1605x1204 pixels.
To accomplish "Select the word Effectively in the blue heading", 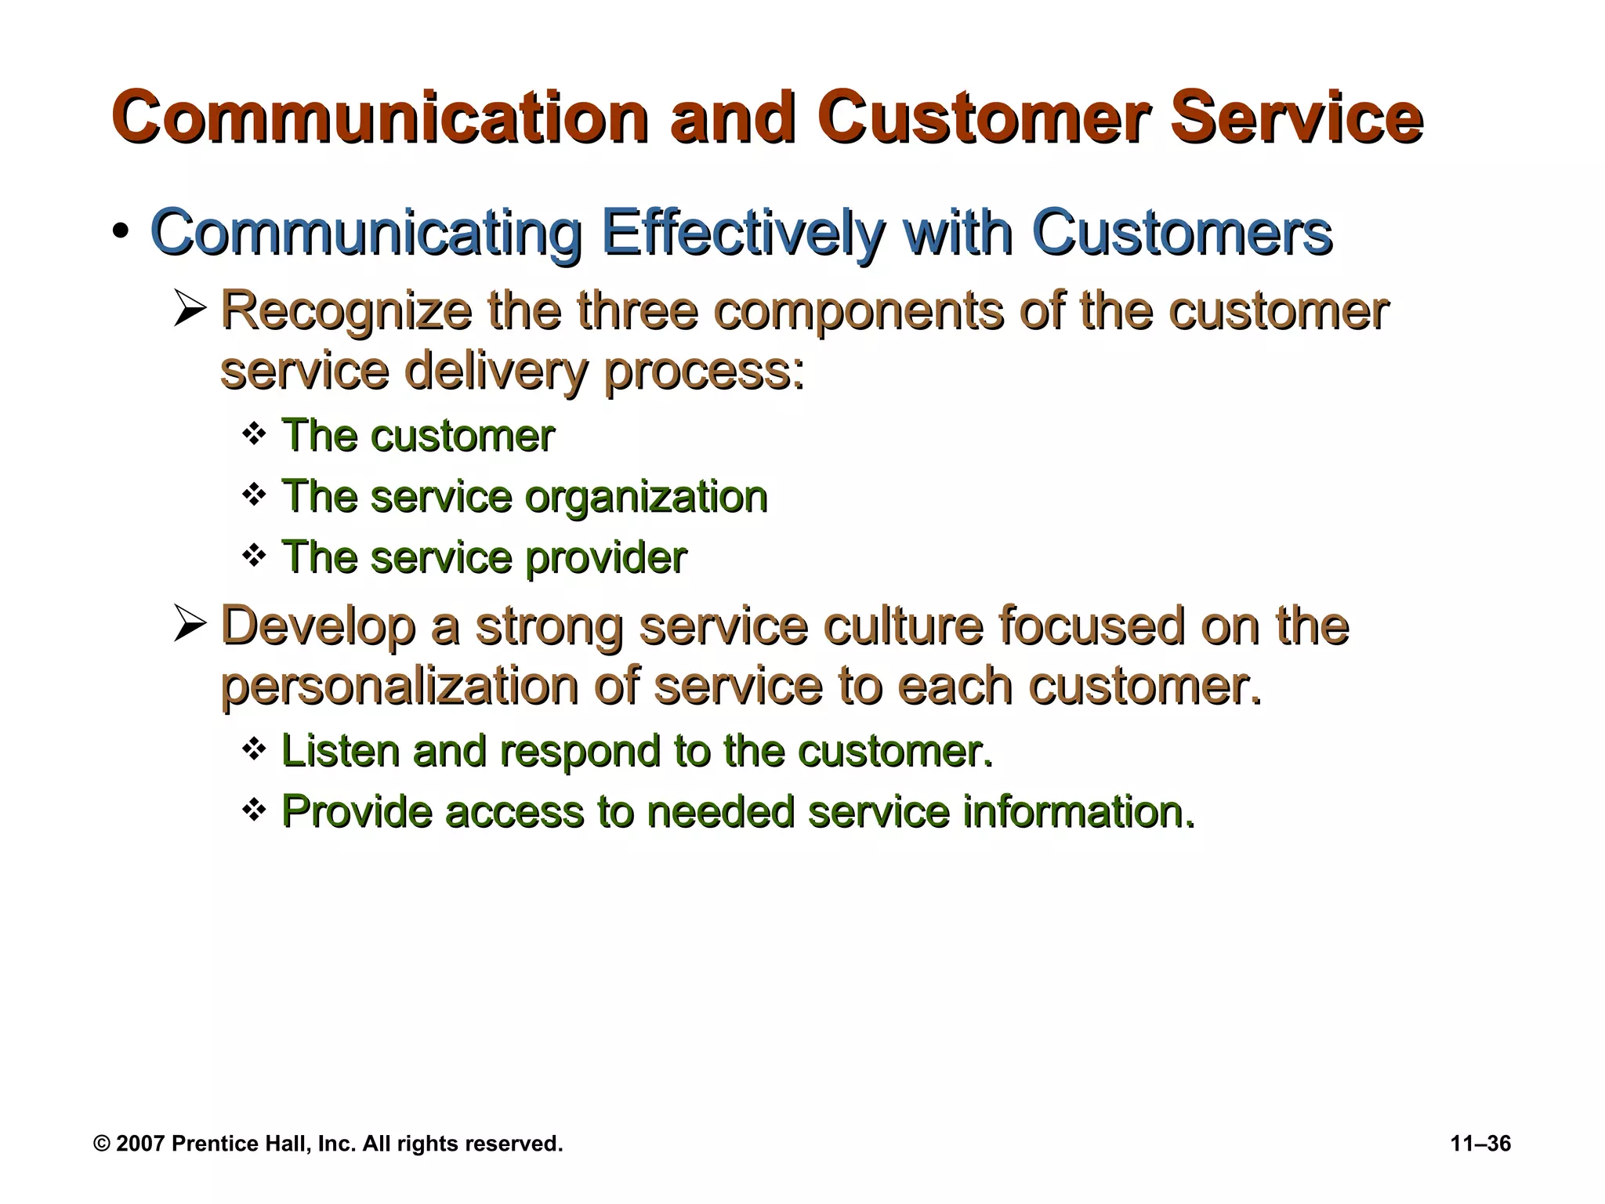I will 743,232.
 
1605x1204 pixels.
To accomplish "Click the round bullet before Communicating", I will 120,233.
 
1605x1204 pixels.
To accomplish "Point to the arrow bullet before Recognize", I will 189,310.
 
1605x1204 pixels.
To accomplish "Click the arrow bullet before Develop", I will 189,625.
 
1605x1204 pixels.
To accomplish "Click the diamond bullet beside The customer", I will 254,433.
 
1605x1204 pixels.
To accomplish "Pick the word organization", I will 645,496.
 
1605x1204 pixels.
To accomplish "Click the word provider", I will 605,557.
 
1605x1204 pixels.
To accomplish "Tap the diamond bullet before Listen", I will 254,749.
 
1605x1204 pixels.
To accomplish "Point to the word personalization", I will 399,686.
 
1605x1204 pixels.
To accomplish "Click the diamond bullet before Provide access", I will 254,810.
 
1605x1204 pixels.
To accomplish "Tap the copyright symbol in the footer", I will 102,1144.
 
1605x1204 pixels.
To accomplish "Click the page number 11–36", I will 1480,1144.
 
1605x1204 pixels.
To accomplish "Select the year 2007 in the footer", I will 140,1144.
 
